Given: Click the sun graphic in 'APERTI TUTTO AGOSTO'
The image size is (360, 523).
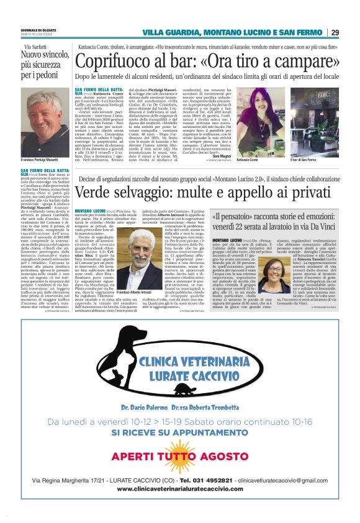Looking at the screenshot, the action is (179, 456).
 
